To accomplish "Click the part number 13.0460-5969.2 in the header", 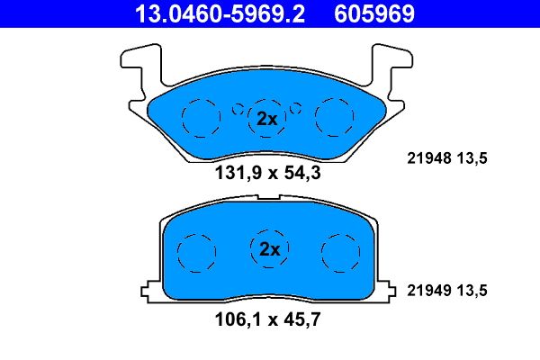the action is pyautogui.click(x=220, y=13).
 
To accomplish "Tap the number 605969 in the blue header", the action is pyautogui.click(x=374, y=13).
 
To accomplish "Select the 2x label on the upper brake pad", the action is pyautogui.click(x=267, y=119).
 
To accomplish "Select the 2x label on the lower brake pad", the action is pyautogui.click(x=270, y=249).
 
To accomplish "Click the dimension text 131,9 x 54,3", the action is pyautogui.click(x=267, y=173).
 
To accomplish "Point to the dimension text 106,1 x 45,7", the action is pyautogui.click(x=267, y=319).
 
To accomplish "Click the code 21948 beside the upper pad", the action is pyautogui.click(x=429, y=158).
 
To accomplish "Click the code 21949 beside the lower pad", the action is pyautogui.click(x=429, y=291).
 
